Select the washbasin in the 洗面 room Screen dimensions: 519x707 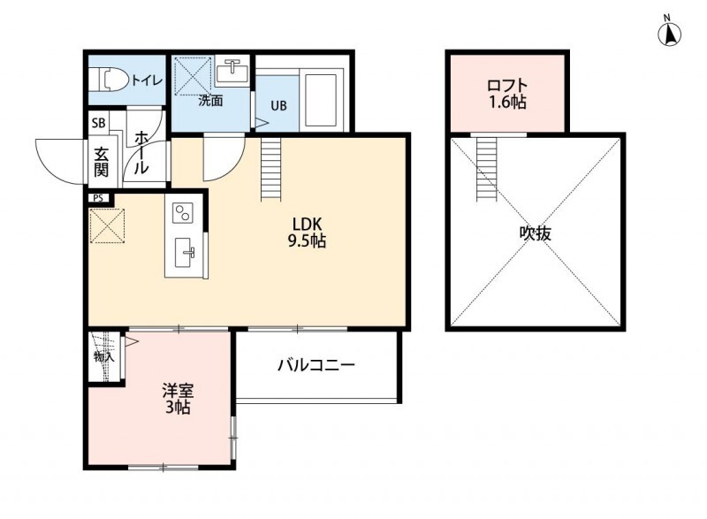point(233,68)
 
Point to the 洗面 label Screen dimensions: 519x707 point(210,101)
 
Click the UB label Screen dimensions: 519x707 point(278,106)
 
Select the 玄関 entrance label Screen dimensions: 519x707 point(102,162)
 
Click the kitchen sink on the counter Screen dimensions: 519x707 point(186,253)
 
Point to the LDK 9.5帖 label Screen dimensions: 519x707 point(305,232)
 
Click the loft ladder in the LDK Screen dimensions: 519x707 point(270,169)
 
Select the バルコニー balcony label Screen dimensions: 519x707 point(316,364)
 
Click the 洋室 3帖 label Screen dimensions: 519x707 point(177,399)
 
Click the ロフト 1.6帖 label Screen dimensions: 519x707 point(506,94)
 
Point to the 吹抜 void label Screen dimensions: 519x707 point(536,233)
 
